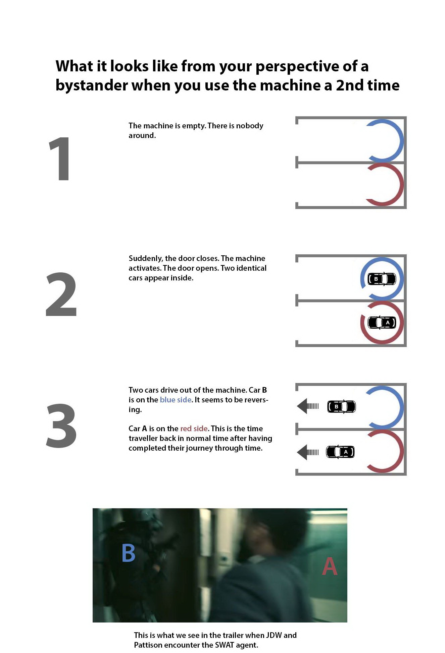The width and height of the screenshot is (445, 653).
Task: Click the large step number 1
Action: click(60, 158)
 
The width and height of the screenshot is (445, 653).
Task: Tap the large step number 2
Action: click(61, 294)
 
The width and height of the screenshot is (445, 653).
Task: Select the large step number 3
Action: click(61, 426)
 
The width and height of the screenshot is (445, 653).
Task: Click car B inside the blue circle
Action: click(382, 279)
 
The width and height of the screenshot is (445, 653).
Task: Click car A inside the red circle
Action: click(382, 322)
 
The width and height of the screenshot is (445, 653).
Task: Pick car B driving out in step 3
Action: click(341, 406)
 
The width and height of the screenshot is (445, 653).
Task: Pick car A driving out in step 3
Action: click(340, 452)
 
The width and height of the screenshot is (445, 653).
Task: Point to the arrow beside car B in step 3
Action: click(308, 406)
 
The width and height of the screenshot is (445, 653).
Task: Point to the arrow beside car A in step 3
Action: click(308, 452)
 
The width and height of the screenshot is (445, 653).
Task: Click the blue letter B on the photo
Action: click(129, 553)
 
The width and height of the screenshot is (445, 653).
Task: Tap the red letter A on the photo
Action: click(330, 566)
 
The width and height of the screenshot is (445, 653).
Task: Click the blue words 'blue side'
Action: click(176, 400)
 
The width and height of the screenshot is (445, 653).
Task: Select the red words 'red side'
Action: click(194, 429)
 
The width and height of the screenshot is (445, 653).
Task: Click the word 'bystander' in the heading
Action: click(91, 85)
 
